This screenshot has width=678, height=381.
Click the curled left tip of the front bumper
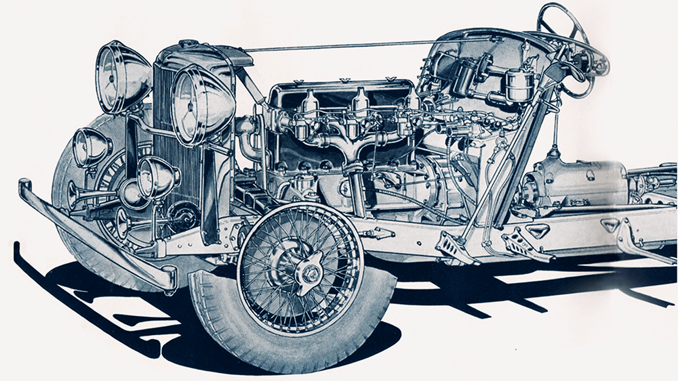click(26, 187)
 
